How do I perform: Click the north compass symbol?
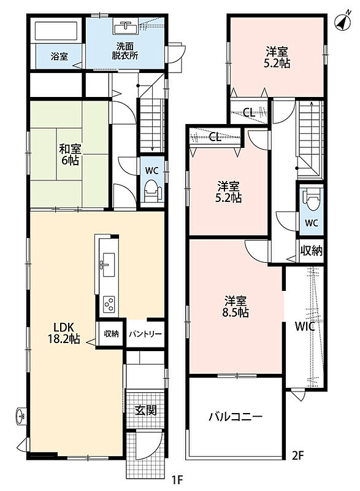[x=342, y=21]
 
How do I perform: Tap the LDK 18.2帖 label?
[x=64, y=333]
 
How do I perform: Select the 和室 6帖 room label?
[x=69, y=155]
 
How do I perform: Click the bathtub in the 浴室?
[x=56, y=31]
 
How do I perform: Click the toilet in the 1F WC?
[x=152, y=191]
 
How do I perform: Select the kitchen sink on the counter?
[x=107, y=265]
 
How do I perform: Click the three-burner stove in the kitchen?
[x=109, y=304]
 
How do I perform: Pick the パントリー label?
[x=145, y=334]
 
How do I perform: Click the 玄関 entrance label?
[x=145, y=410]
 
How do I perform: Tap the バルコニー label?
[x=236, y=417]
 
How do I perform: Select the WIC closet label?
[x=305, y=327]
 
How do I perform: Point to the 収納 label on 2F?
[x=311, y=250]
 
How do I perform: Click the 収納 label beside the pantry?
[x=112, y=334]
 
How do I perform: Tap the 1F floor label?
[x=177, y=479]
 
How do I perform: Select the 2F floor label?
[x=298, y=455]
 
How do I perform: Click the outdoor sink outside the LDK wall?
[x=21, y=417]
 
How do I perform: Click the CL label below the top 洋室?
[x=249, y=112]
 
